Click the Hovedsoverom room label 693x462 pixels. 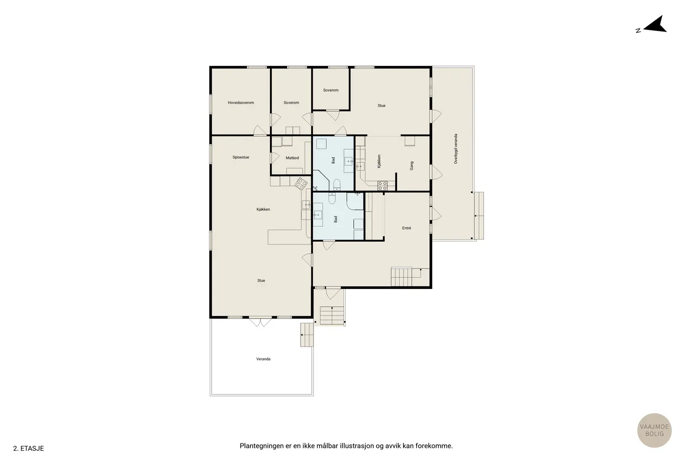tap(241, 103)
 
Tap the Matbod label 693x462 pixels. tap(292, 158)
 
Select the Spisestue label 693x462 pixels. tap(241, 157)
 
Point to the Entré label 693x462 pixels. tap(406, 228)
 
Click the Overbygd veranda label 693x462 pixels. tap(456, 149)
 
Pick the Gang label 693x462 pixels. tap(411, 166)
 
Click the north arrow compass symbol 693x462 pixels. tap(652, 25)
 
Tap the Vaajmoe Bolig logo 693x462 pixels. tap(654, 430)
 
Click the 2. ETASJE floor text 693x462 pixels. tap(28, 448)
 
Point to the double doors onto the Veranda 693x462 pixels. tap(260, 322)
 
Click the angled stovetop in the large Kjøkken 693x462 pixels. tap(301, 184)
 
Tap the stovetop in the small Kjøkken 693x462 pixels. tap(382, 186)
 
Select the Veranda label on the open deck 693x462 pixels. tap(263, 359)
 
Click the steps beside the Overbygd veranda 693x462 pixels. tap(479, 216)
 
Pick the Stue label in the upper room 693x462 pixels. tap(381, 106)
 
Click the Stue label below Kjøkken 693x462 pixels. tap(261, 281)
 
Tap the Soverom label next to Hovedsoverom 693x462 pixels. tap(291, 103)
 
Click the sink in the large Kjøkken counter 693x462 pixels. tap(306, 205)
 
